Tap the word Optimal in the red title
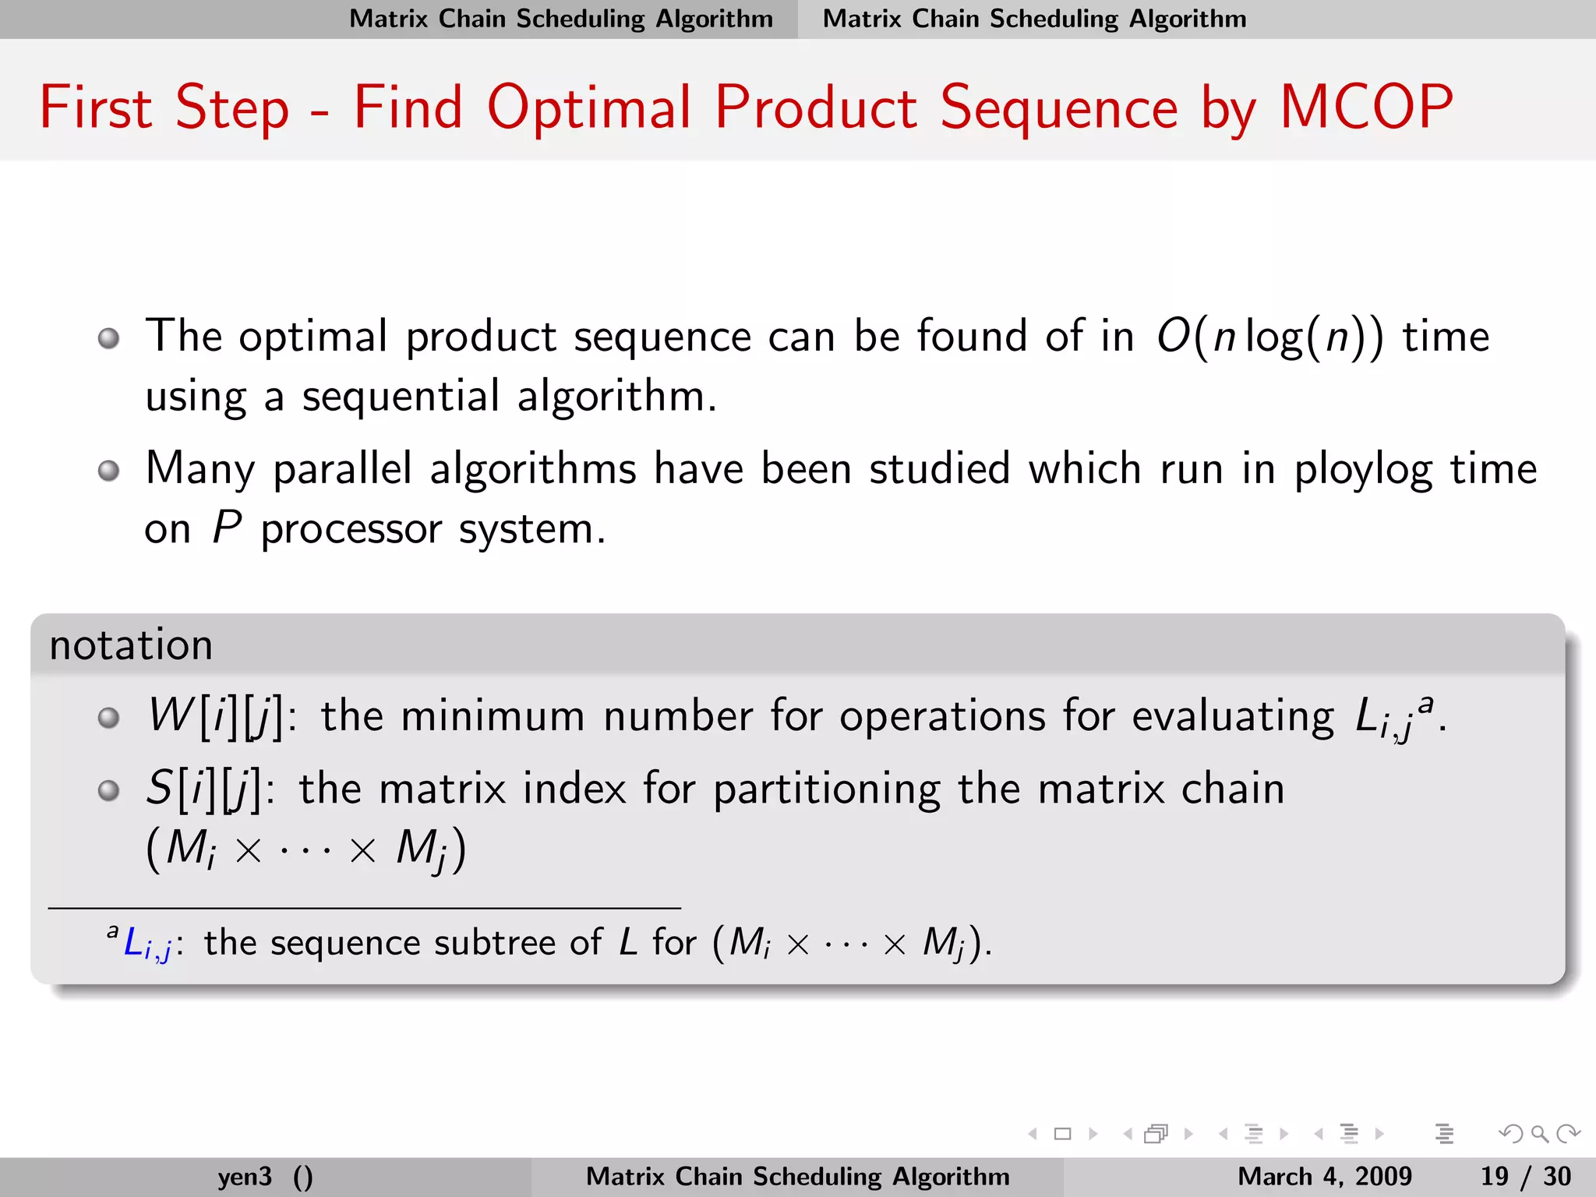pos(588,108)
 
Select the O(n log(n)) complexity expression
pos(1269,337)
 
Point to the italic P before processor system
pos(226,528)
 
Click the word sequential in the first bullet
pos(401,397)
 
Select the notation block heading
pos(131,645)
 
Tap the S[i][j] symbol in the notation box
pos(203,789)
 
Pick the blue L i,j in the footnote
pos(147,944)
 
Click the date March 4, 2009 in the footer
pos(1324,1176)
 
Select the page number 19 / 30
pos(1525,1176)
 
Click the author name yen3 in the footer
pos(245,1176)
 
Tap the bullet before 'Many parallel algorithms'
pos(109,471)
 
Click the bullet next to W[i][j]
pos(109,717)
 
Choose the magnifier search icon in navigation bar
pos(1539,1134)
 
